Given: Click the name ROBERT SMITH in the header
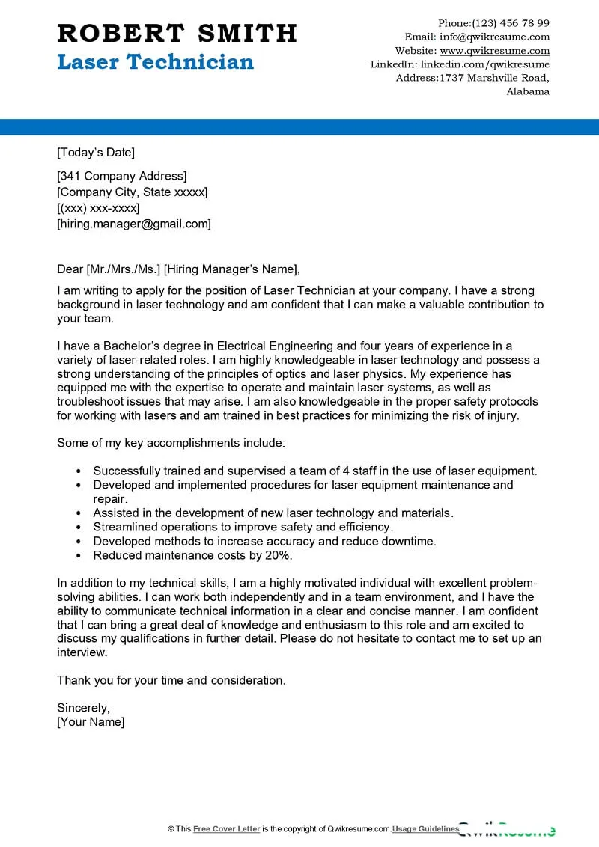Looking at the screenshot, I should tap(177, 33).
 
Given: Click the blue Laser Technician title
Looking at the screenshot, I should tap(155, 62).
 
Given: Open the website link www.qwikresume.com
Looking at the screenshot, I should tap(494, 51).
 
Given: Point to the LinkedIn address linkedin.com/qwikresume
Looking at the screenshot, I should tap(484, 64).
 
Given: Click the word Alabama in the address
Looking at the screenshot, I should tap(528, 91).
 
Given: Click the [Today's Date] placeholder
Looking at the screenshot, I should tap(96, 153).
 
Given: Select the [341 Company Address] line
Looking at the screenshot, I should tap(121, 177).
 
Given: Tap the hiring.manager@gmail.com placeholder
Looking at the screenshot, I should tap(134, 224).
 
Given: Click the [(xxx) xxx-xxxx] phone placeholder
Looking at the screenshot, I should tap(98, 208).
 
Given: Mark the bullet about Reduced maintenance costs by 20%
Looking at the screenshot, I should tap(192, 555).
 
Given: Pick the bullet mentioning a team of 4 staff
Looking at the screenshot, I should tap(314, 471).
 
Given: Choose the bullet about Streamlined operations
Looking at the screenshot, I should tap(243, 527).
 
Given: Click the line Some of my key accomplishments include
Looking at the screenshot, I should tap(171, 443).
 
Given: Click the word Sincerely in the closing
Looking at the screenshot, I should tap(83, 708).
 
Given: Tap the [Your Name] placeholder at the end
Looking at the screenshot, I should tap(91, 722).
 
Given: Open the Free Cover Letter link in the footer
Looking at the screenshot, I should tap(226, 829).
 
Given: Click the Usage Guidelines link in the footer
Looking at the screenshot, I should tap(426, 829).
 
